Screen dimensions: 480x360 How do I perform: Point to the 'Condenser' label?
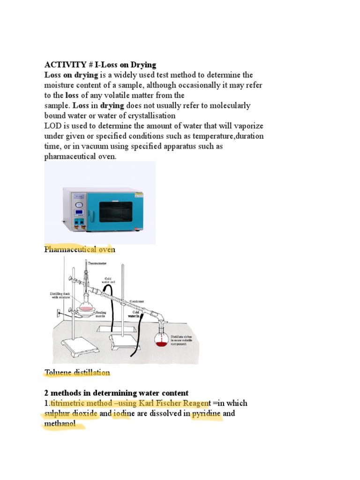tap(138, 301)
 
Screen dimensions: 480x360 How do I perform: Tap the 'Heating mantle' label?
tap(101, 314)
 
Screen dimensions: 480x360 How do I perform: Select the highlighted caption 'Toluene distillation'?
tap(77, 373)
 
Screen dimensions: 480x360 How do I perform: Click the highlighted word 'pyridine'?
tap(206, 413)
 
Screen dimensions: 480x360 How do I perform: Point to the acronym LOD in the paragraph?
tap(52, 126)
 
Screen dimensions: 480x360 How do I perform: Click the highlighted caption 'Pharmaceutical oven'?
tap(79, 249)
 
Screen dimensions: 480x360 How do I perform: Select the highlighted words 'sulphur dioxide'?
tap(71, 413)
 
